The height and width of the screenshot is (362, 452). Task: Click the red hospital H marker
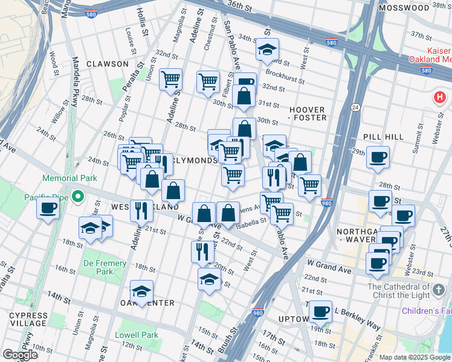[x=439, y=97]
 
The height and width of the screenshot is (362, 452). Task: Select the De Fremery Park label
[x=105, y=267]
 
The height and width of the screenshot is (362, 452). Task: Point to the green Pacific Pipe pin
[x=77, y=197]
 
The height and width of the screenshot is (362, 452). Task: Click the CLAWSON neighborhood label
[x=107, y=64]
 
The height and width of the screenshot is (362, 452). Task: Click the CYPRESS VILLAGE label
[x=28, y=320]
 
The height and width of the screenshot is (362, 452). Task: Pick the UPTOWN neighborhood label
[x=294, y=319]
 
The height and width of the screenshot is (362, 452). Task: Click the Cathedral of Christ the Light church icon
[x=439, y=289]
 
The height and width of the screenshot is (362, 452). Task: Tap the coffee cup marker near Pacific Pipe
[x=48, y=208]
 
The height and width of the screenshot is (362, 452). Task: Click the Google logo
[x=21, y=355]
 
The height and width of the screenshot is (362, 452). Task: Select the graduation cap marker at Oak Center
[x=141, y=291]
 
